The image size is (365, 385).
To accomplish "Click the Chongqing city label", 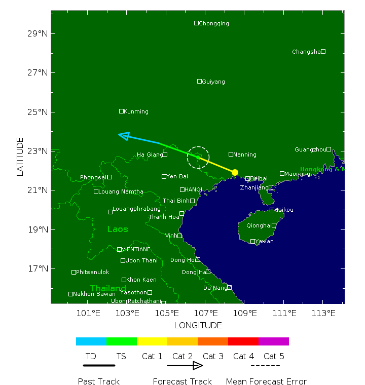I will (x=214, y=23).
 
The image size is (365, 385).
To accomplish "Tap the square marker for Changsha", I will (x=323, y=51).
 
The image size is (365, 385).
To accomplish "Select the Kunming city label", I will (x=136, y=111).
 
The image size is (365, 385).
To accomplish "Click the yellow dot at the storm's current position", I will (x=235, y=172).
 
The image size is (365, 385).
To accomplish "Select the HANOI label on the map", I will (x=193, y=189).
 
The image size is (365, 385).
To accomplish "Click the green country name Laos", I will (x=118, y=229).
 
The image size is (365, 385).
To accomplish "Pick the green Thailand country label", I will (x=108, y=288).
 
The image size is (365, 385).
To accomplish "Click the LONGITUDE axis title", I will (x=198, y=325).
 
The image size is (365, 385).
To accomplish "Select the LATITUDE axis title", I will (x=20, y=157).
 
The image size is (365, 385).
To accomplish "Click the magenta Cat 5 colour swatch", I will (x=274, y=341).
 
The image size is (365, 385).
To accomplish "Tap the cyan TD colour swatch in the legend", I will (x=91, y=341).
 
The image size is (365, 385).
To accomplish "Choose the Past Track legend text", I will (x=99, y=381).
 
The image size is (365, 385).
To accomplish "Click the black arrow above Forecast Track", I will (x=185, y=365).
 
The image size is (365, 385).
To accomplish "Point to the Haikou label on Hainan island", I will (x=284, y=210).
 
